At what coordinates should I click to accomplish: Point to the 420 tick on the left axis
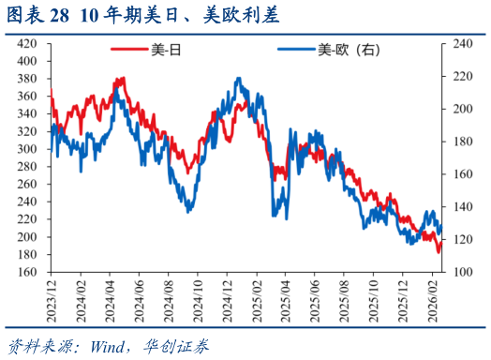(x=28, y=43)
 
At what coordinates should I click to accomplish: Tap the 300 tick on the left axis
(x=28, y=149)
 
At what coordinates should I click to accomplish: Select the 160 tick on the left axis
(x=28, y=273)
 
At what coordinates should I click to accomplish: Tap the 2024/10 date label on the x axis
(x=197, y=300)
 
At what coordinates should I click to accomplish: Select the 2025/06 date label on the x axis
(x=314, y=300)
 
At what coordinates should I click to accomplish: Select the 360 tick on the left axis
(x=28, y=96)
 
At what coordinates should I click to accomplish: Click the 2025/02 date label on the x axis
(x=255, y=300)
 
